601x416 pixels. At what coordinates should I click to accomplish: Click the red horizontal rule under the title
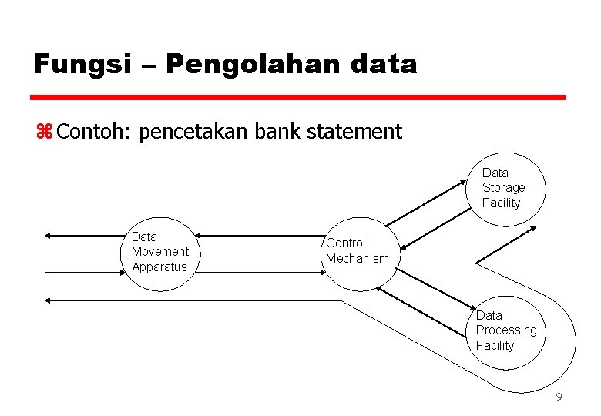point(299,98)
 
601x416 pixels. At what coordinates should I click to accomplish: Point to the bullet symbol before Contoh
point(42,132)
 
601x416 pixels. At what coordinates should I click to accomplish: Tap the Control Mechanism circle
point(358,253)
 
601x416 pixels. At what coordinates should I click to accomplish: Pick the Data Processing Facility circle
point(509,331)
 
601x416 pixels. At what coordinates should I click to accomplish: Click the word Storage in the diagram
point(504,188)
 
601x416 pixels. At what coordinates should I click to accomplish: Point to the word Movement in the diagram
point(160,252)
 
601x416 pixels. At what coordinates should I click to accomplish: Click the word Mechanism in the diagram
point(358,259)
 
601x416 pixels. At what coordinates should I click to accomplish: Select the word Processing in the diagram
point(506,330)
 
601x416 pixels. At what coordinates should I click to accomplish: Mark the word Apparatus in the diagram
point(159,267)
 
